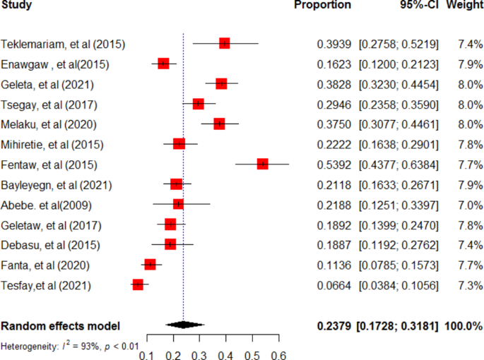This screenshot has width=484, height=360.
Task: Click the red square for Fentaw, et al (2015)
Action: pyautogui.click(x=263, y=164)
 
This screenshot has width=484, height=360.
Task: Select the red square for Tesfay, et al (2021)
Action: pyautogui.click(x=138, y=284)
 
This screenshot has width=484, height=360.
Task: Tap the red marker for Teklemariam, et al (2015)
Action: pyautogui.click(x=225, y=44)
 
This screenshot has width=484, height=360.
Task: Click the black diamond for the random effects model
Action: pyautogui.click(x=183, y=325)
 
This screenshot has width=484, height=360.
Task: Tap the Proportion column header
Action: pyautogui.click(x=322, y=5)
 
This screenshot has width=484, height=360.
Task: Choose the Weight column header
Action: pyautogui.click(x=464, y=5)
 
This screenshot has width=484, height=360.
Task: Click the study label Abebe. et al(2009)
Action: pyautogui.click(x=52, y=205)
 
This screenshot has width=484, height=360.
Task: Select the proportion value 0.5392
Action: pyautogui.click(x=333, y=164)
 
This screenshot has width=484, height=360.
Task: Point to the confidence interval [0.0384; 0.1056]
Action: pyautogui.click(x=399, y=285)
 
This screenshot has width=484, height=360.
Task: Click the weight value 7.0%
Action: pyautogui.click(x=468, y=205)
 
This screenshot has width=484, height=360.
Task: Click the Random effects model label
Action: pyautogui.click(x=61, y=326)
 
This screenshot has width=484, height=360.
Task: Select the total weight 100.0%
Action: pyautogui.click(x=464, y=326)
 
